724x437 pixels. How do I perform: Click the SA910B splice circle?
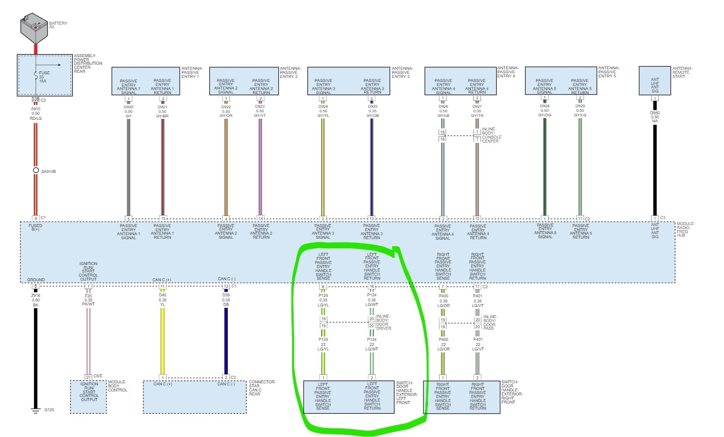[x=36, y=170]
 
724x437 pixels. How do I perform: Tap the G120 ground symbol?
[x=35, y=410]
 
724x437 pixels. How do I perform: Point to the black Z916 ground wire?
[x=35, y=354]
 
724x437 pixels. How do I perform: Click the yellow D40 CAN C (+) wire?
[x=163, y=339]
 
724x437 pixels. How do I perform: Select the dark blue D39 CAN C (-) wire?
[x=226, y=339]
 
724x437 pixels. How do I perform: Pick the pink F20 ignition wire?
[x=88, y=339]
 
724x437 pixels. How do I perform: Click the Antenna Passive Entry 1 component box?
[x=146, y=81]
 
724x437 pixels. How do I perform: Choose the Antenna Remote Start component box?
[x=655, y=81]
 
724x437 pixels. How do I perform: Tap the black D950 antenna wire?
[x=655, y=167]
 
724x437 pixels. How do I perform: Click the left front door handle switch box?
[x=348, y=397]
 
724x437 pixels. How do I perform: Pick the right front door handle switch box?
[x=461, y=397]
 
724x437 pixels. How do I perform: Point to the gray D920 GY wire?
[x=128, y=167]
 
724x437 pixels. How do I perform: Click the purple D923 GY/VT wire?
[x=260, y=167]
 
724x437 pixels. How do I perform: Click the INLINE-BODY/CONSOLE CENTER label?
[x=492, y=135]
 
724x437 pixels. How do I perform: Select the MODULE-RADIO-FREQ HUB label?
[x=686, y=230]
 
